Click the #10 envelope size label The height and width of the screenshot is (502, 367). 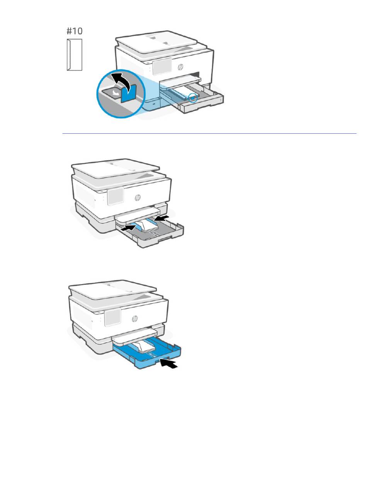point(75,31)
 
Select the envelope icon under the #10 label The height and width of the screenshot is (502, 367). point(75,54)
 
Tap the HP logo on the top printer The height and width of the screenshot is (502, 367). point(180,67)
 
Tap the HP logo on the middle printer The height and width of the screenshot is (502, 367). point(138,197)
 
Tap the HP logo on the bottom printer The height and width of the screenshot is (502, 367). point(135,318)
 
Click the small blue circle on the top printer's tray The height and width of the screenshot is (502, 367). point(193,98)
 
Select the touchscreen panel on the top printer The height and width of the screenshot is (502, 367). point(162,66)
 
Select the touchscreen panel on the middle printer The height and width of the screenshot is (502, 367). point(116,196)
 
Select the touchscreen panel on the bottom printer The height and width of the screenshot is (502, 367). point(113,317)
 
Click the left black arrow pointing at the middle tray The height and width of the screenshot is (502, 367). point(128,228)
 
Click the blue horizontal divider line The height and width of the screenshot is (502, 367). point(209,134)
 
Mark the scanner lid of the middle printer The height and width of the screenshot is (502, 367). point(116,168)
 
